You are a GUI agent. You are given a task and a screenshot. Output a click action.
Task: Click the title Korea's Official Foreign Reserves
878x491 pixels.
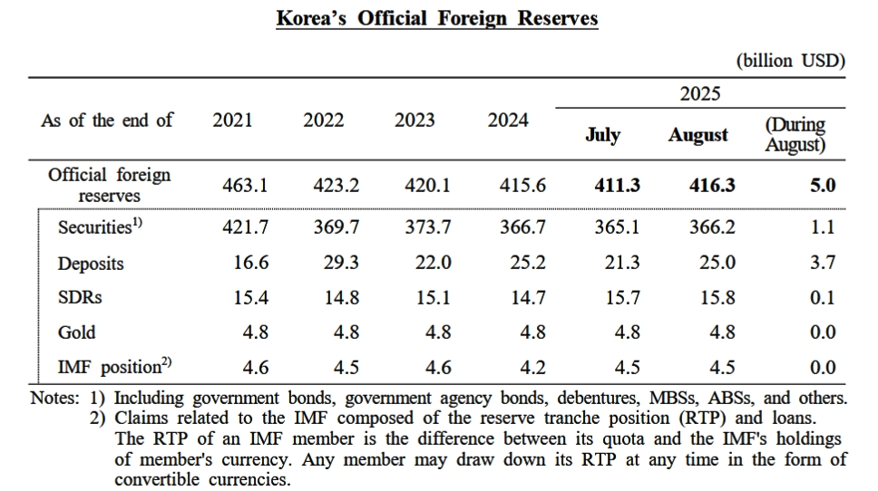pos(437,19)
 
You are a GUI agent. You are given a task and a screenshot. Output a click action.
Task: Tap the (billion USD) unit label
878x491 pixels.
pos(790,61)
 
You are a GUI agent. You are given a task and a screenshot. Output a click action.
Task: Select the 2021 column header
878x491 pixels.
pos(232,120)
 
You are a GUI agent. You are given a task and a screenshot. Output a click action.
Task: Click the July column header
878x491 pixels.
pos(602,135)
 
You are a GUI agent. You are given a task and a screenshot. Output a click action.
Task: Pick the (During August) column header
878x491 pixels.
pos(795,134)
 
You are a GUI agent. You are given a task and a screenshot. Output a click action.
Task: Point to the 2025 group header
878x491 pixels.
pos(699,93)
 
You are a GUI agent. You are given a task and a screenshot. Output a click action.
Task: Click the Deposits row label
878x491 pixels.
pos(91,264)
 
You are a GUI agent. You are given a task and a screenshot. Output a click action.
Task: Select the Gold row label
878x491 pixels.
pos(76,332)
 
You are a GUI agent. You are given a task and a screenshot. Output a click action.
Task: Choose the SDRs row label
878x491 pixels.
pos(80,298)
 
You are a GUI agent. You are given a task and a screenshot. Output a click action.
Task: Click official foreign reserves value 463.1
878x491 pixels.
pos(245,186)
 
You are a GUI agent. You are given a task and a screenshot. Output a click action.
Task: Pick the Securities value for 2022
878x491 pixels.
pos(336,228)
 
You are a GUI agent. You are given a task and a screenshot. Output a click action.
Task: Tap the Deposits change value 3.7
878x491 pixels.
pos(822,263)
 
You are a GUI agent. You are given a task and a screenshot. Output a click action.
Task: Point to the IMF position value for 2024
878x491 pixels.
pos(533,367)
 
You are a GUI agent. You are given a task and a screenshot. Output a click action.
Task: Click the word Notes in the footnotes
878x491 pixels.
pos(55,398)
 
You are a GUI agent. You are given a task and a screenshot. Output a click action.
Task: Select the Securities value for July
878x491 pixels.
pos(617,228)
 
